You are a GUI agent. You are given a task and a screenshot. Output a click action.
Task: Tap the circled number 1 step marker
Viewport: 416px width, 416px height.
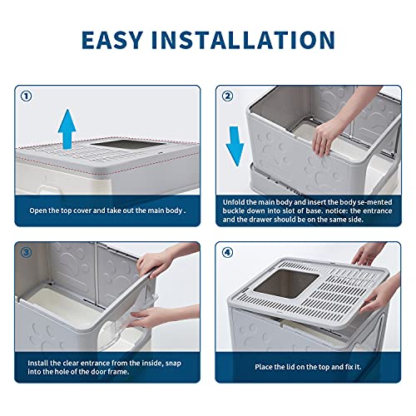click(27, 96)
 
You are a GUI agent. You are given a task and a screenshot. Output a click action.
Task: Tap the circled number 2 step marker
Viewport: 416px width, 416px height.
click(227, 96)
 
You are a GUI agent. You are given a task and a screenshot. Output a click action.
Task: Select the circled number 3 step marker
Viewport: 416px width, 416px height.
click(27, 251)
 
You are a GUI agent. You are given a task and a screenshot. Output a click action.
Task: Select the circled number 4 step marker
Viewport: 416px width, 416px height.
click(227, 251)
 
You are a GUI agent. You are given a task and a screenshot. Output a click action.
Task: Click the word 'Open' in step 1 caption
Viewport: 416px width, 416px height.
click(40, 210)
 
